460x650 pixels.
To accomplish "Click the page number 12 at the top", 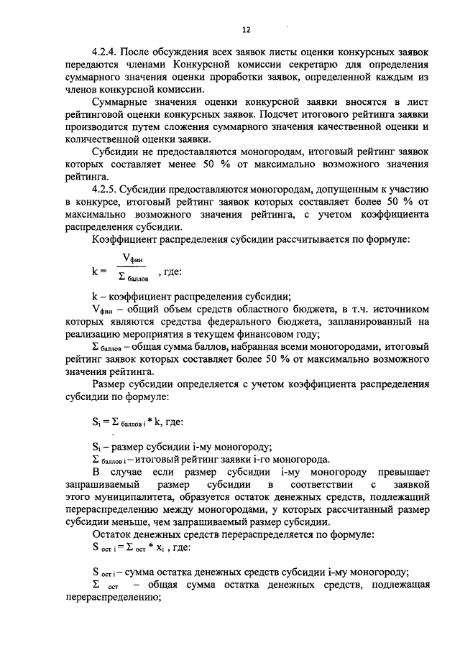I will [x=246, y=29].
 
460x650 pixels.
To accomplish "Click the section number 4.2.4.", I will [x=106, y=52].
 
